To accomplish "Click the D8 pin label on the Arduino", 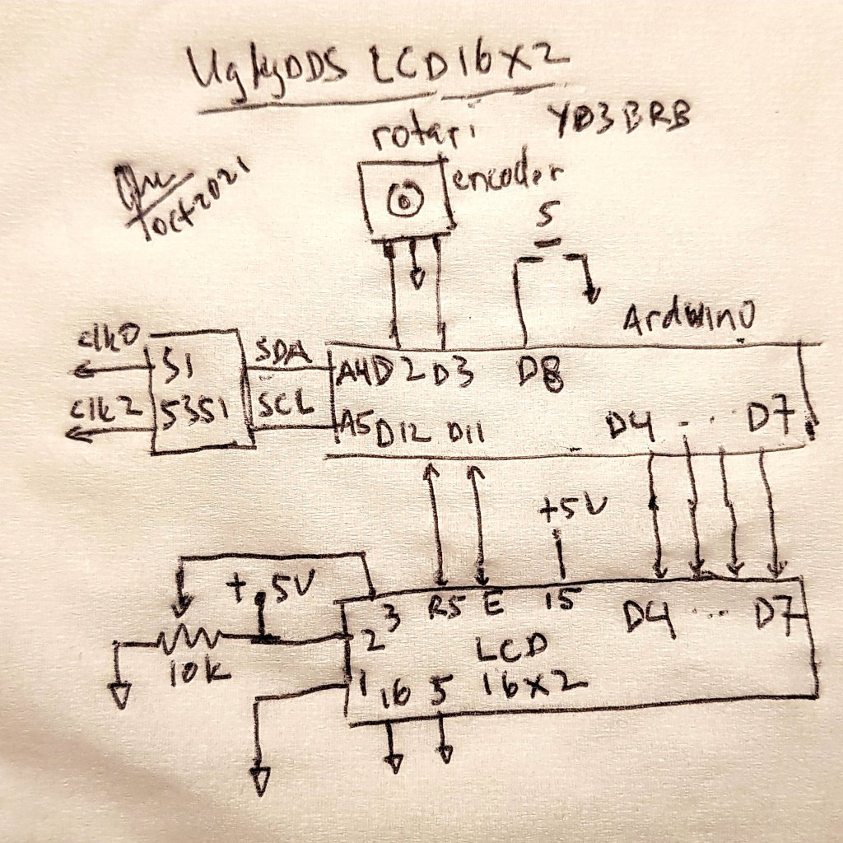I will point(540,378).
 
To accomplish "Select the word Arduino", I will point(688,319).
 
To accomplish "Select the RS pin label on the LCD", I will point(447,608).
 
